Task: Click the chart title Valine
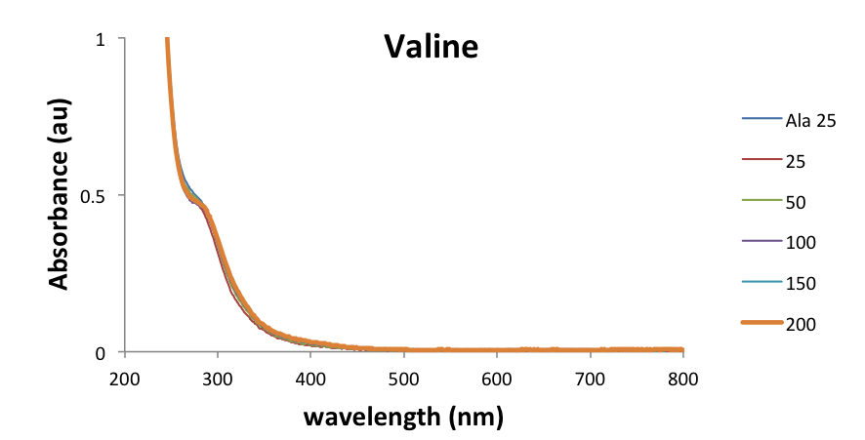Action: point(431,46)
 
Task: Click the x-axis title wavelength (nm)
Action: point(403,418)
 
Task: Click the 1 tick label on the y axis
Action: point(101,39)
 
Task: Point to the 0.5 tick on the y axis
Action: point(93,195)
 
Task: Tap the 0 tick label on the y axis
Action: point(101,352)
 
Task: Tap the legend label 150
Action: point(800,283)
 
